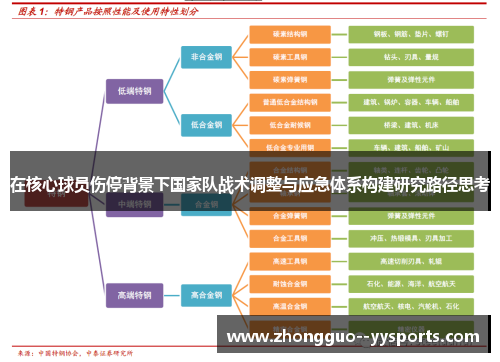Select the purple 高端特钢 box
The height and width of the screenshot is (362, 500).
(x=134, y=296)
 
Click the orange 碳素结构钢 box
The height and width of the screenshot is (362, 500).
(x=290, y=34)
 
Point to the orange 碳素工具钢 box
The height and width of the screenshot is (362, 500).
(x=290, y=56)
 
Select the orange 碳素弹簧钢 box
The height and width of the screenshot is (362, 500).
(x=290, y=79)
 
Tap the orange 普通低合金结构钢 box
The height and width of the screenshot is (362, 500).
(x=290, y=102)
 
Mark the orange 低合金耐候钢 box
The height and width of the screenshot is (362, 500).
(x=290, y=125)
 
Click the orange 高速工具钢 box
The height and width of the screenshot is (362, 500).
(x=290, y=261)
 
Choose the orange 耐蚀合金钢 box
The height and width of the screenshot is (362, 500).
(x=290, y=284)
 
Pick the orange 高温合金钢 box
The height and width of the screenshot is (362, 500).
(x=290, y=307)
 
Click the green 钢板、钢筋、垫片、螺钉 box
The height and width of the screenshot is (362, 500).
(x=411, y=34)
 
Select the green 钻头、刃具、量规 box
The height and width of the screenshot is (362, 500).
(x=411, y=56)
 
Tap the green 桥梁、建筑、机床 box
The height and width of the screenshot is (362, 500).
(x=411, y=125)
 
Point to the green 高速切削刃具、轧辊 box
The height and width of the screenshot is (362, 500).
(x=411, y=261)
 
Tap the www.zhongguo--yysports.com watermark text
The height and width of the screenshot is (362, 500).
(x=355, y=336)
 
